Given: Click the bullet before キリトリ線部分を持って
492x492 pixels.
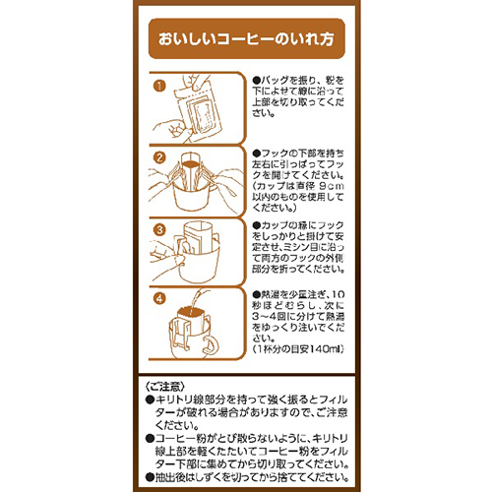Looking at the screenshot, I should pyautogui.click(x=149, y=400).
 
